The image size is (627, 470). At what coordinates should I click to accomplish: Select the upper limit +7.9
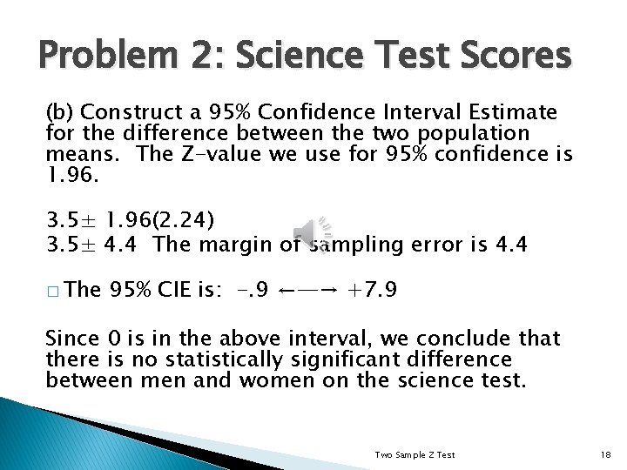[373, 288]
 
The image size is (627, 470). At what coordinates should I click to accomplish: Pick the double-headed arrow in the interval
[308, 288]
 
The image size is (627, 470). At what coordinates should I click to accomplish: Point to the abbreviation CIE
[180, 288]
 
